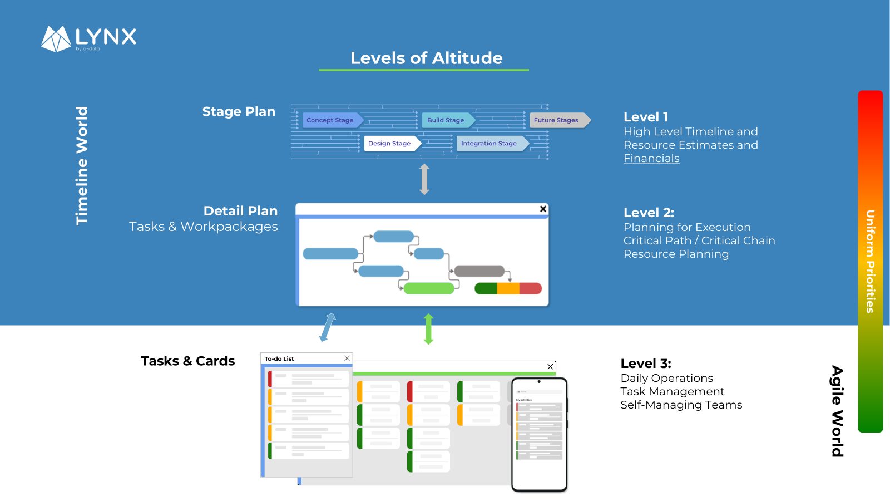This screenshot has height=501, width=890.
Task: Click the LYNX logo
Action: click(x=89, y=38)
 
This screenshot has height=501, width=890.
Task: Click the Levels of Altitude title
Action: click(x=426, y=58)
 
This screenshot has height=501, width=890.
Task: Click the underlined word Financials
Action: click(x=651, y=159)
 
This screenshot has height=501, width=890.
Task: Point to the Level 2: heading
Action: click(x=649, y=213)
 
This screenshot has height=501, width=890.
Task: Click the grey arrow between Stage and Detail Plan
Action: click(x=424, y=179)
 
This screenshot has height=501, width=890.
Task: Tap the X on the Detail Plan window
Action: click(x=543, y=209)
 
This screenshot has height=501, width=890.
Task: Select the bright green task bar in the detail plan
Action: click(x=428, y=288)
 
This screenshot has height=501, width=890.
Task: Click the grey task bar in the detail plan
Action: click(x=479, y=271)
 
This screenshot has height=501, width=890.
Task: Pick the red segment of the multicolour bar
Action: click(x=530, y=288)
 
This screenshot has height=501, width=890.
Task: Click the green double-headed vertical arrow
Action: click(x=428, y=329)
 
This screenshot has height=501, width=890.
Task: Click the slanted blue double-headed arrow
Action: click(x=328, y=327)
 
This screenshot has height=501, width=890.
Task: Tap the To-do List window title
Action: click(x=279, y=359)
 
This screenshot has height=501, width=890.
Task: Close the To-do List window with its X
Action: click(x=347, y=358)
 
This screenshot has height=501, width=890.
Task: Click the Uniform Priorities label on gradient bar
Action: click(x=870, y=262)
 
